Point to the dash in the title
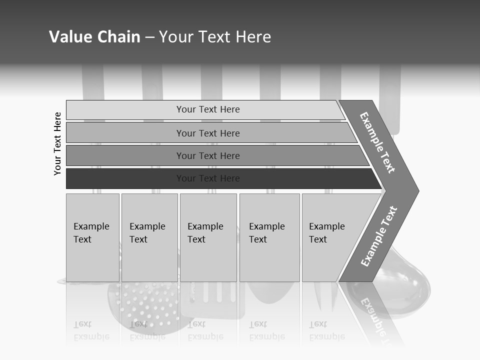[149, 37]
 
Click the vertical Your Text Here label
[57, 143]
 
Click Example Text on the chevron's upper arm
[377, 142]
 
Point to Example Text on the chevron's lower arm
[378, 236]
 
